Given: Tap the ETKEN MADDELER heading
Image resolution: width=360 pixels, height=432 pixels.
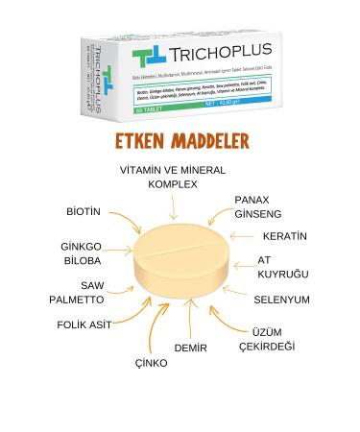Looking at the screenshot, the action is click(180, 143).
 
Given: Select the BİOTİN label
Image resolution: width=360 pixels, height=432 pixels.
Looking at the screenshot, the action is click(84, 210).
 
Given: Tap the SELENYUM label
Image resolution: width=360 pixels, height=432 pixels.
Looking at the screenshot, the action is click(281, 300).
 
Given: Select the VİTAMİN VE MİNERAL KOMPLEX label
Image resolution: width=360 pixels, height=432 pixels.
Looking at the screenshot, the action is click(173, 177).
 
